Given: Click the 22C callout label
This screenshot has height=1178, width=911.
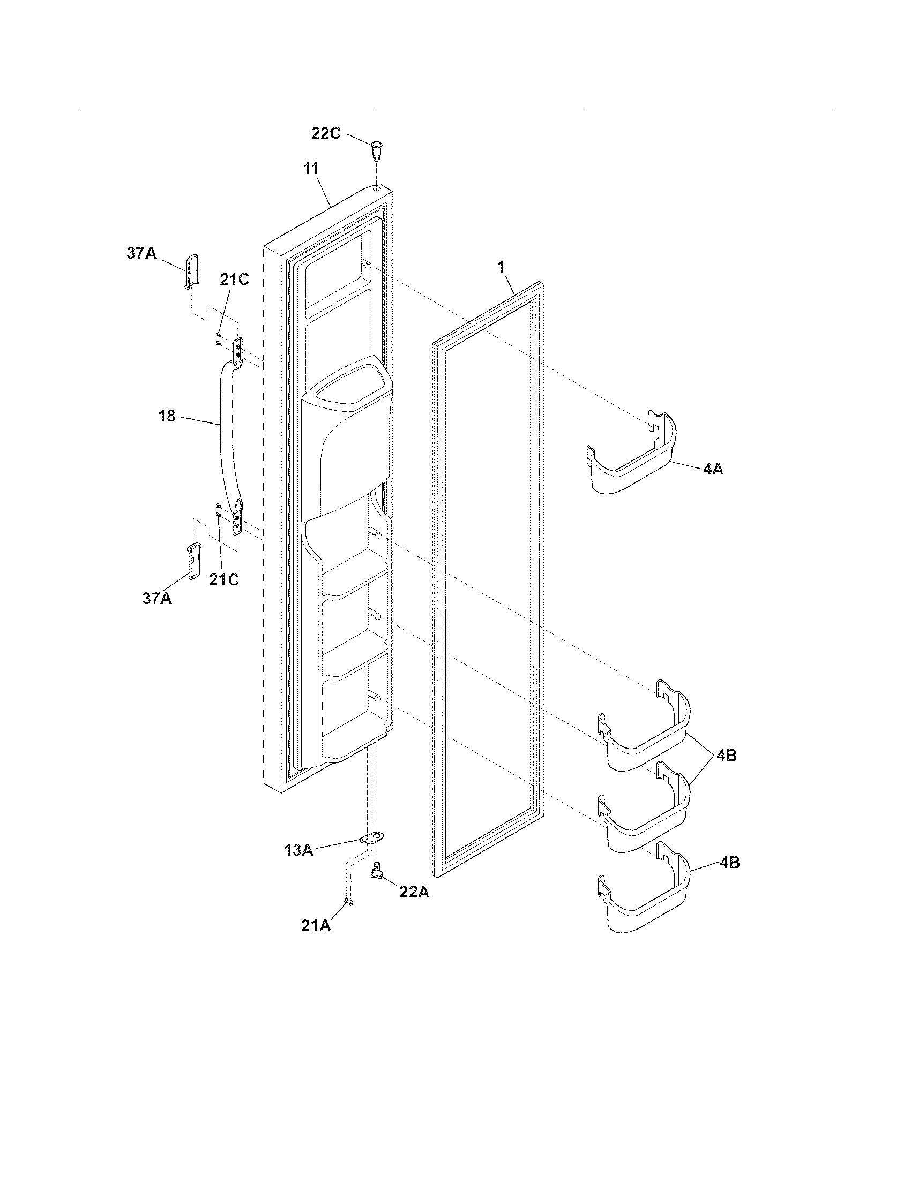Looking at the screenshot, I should click(326, 133).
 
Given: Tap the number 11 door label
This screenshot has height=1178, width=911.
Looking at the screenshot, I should click(310, 168).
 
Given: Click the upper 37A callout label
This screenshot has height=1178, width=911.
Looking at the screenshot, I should click(142, 253).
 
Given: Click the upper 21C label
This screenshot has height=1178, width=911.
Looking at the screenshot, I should click(234, 280).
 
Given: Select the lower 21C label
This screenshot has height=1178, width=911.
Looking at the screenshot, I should click(224, 580).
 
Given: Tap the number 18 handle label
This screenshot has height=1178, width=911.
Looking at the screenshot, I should click(167, 416).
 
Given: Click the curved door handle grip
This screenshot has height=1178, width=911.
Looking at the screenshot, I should click(222, 432).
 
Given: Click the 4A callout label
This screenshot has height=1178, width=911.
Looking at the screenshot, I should click(713, 469).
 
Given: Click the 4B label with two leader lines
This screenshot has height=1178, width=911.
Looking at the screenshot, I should click(727, 756).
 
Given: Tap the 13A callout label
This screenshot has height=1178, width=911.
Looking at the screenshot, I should click(299, 851).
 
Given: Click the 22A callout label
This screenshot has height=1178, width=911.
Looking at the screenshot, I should click(414, 892).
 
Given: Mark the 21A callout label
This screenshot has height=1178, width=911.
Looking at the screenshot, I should click(316, 926).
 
